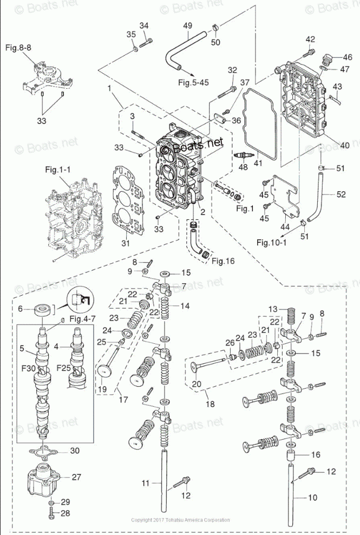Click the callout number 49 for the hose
coord(188,27)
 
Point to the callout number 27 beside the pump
coord(76,477)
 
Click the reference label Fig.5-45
coord(194,82)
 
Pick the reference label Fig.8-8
coord(18,48)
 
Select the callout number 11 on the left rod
coord(145,482)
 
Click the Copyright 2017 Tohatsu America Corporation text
coord(180,520)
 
